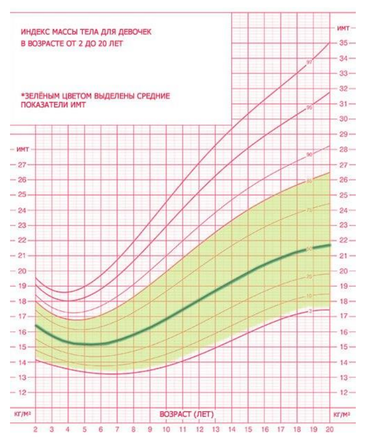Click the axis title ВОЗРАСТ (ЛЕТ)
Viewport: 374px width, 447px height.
point(187,414)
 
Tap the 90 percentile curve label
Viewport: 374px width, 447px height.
point(309,155)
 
